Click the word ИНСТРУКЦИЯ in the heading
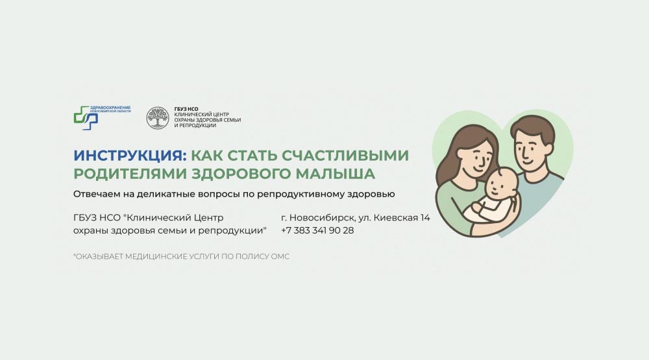(128, 156)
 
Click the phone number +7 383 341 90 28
(317, 230)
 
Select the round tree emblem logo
(158, 118)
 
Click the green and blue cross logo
(86, 118)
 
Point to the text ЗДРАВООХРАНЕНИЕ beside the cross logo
(110, 108)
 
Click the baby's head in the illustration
(502, 184)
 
